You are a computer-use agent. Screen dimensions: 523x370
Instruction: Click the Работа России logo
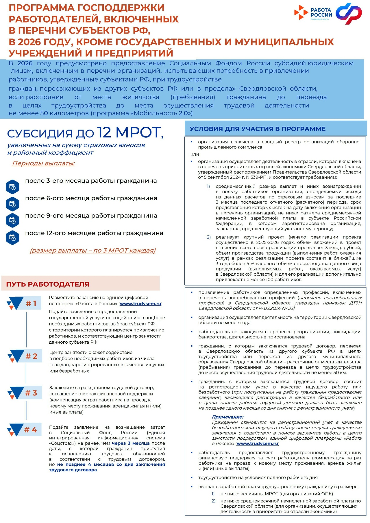313,13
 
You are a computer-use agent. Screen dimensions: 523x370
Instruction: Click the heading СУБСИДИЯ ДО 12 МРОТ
85,133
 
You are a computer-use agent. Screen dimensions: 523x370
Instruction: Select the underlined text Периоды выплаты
43,163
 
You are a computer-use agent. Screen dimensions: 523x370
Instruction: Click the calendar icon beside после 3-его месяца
12,187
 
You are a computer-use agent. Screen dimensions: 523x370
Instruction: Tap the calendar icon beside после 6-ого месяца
12,204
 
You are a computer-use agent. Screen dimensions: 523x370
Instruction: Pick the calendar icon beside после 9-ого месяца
12,221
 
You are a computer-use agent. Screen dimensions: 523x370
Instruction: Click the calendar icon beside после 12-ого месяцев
12,238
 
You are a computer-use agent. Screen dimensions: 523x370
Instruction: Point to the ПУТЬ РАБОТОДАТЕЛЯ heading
48,284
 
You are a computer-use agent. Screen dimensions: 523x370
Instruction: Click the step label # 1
31,303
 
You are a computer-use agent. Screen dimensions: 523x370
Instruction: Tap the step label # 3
31,393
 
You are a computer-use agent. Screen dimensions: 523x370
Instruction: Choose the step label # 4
31,430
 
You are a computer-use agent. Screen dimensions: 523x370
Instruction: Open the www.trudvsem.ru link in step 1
140,304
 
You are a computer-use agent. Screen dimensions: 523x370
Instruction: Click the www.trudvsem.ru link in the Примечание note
257,443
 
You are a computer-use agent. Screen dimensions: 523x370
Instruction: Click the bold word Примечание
227,417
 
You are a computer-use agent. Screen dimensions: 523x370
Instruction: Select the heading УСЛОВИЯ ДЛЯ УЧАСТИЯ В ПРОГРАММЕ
258,129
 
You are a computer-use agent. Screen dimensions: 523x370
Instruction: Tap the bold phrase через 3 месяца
131,443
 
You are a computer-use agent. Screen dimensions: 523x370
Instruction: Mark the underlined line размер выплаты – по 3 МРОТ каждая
92,251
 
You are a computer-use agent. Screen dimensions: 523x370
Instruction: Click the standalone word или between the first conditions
195,154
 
